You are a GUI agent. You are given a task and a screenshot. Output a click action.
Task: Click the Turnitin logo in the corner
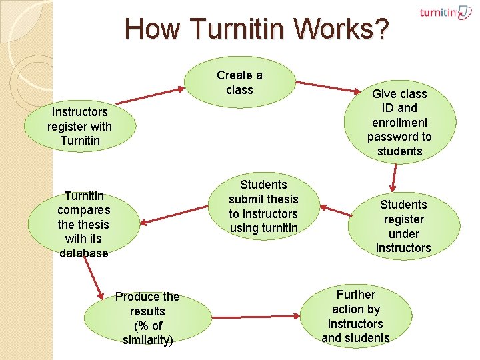tap(445, 13)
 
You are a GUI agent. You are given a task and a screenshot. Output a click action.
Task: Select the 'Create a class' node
tap(239, 82)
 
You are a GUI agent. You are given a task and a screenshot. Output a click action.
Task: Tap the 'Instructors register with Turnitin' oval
tap(80, 126)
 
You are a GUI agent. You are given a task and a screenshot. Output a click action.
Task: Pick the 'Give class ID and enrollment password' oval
tap(399, 122)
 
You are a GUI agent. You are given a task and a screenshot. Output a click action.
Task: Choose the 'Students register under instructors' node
tap(403, 226)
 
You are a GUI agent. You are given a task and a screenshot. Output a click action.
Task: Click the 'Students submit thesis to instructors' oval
tap(263, 207)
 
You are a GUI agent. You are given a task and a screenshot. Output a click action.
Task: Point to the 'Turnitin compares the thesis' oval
tap(83, 224)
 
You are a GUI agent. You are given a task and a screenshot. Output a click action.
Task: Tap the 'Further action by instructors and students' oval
tap(355, 316)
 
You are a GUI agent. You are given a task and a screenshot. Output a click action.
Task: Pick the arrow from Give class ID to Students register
tap(395, 176)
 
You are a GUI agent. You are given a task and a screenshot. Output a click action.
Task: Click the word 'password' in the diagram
tap(399, 137)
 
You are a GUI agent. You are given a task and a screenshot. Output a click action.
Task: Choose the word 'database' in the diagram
tap(83, 253)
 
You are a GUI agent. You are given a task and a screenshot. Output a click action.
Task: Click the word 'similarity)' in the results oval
tap(147, 340)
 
